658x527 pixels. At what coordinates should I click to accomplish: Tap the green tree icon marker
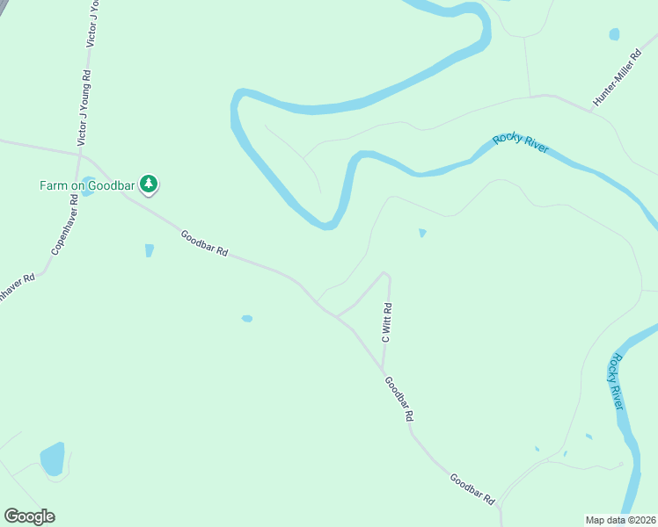click(x=150, y=184)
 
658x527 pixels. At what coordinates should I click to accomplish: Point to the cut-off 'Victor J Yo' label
click(x=92, y=23)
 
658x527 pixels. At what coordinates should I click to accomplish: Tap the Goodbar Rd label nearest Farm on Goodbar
click(x=204, y=242)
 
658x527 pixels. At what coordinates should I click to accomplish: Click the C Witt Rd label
click(x=386, y=322)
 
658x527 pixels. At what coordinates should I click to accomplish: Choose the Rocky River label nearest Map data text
click(x=616, y=381)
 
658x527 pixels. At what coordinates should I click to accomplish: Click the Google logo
click(x=29, y=516)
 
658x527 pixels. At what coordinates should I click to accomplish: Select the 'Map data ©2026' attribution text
click(x=620, y=519)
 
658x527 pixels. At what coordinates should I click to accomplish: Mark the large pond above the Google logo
click(x=52, y=459)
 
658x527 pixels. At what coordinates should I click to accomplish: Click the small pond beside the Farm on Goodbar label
click(x=88, y=190)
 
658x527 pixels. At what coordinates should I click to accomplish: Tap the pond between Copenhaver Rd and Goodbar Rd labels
click(x=149, y=250)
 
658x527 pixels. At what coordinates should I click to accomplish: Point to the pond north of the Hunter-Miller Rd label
click(x=614, y=35)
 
